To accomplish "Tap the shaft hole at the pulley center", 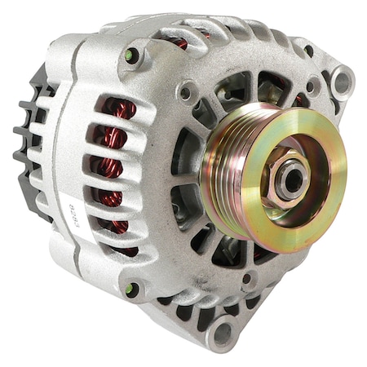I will (x=290, y=178).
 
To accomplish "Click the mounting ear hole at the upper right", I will (x=340, y=81).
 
